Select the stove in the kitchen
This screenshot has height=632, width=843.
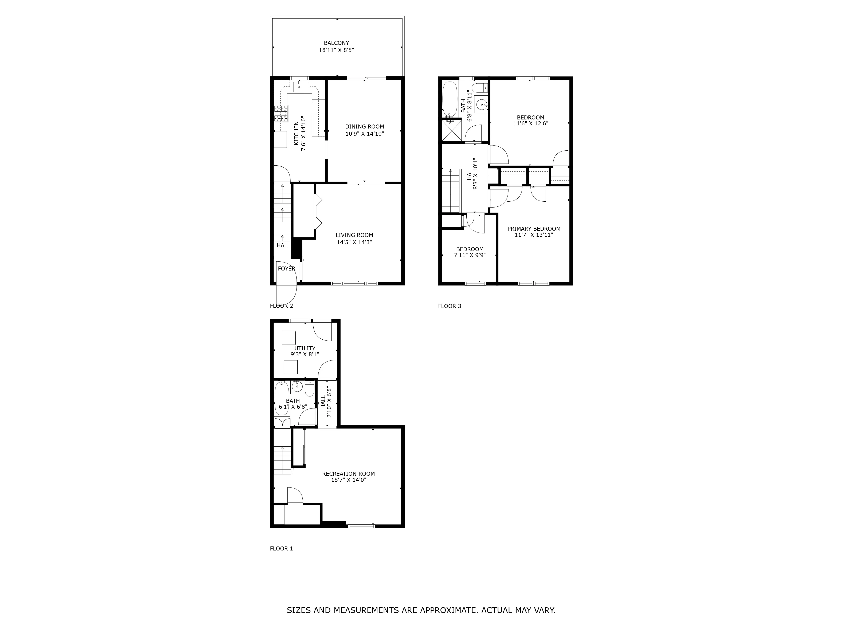(x=281, y=113)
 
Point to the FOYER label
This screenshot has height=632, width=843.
(x=286, y=269)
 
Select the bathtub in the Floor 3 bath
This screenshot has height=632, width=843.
(x=450, y=100)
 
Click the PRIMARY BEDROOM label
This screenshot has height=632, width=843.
(x=534, y=229)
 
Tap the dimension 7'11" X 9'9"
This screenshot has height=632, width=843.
(x=470, y=255)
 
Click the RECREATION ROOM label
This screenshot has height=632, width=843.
(x=348, y=474)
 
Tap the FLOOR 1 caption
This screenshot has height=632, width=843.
(x=281, y=549)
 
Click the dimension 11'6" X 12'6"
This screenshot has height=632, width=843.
(x=530, y=123)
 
